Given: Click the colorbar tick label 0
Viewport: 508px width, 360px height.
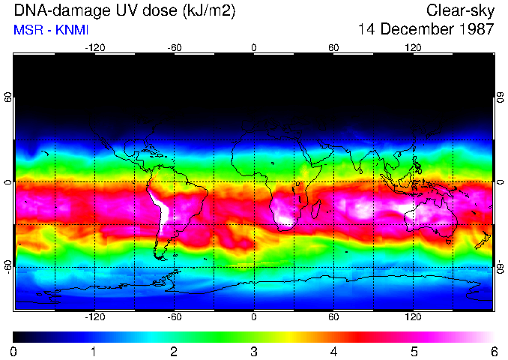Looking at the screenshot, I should click(14, 351).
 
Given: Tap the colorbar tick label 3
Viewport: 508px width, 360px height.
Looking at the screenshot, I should click(254, 351).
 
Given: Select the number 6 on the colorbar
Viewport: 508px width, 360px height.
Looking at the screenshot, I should click(494, 351).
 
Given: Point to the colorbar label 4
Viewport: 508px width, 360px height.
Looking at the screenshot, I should click(333, 351).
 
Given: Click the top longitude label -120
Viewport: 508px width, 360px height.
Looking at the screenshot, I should click(94, 48).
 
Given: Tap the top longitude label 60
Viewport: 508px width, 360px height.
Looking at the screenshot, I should click(333, 48).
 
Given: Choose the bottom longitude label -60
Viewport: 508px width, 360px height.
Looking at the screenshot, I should click(174, 317).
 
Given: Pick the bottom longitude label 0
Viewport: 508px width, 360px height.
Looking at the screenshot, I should click(254, 317).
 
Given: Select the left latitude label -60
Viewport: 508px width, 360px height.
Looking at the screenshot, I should click(8, 266).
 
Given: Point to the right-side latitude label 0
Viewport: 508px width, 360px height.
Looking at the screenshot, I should click(500, 182).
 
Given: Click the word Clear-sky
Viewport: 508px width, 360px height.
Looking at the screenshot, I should click(460, 10).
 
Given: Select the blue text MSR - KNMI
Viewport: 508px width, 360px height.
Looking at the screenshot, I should click(46, 30).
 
